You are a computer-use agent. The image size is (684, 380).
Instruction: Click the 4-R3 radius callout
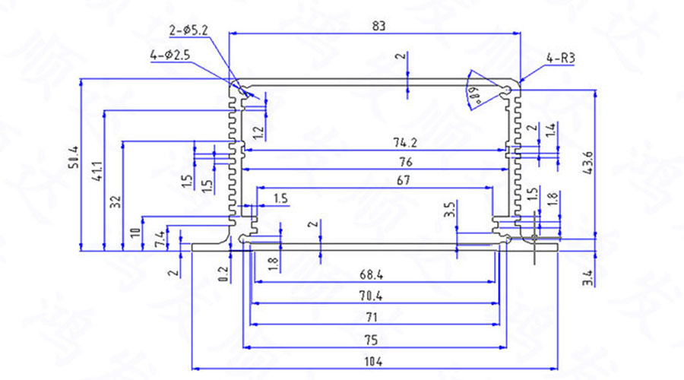coord(560,58)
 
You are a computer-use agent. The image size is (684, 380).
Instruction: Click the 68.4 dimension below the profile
coord(372,274)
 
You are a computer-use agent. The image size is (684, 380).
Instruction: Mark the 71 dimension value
coord(372,317)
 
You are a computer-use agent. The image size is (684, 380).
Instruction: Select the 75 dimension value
coord(372,339)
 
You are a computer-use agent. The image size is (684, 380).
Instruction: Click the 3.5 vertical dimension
coord(449,209)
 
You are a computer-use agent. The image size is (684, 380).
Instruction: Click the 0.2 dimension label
coord(222,274)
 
